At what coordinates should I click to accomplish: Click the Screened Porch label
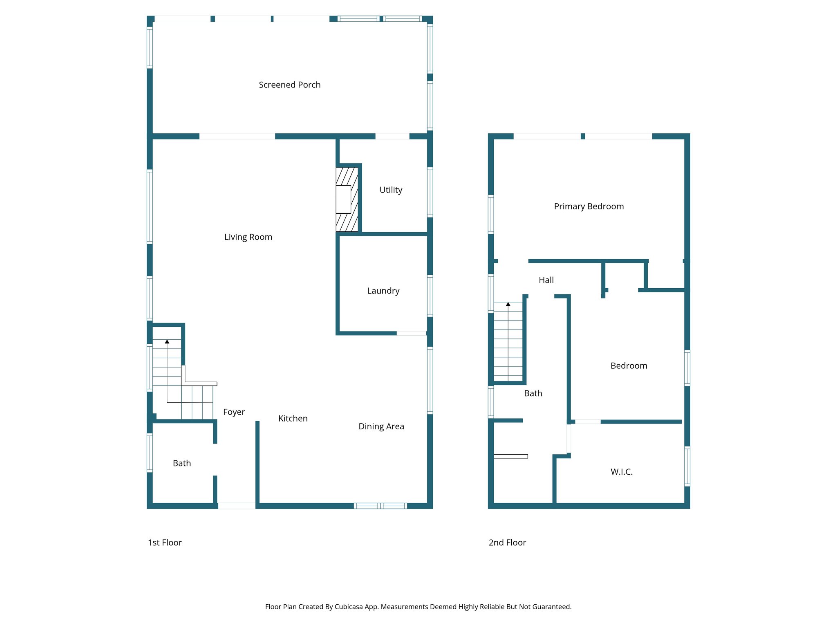click(289, 85)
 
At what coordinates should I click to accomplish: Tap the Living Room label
click(248, 237)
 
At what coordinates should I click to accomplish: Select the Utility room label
click(391, 190)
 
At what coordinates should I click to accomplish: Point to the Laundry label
click(383, 291)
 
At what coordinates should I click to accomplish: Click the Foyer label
click(234, 412)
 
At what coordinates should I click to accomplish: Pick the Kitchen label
click(293, 418)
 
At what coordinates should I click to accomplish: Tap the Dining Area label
click(381, 426)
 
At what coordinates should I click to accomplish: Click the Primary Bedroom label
click(589, 206)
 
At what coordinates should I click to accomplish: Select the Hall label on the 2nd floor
click(546, 280)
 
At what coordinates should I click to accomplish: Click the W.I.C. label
click(621, 472)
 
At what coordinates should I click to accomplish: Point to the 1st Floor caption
click(165, 543)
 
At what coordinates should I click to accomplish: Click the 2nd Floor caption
click(507, 543)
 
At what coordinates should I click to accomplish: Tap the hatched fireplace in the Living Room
click(347, 199)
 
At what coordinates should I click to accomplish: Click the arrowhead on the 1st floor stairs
click(167, 341)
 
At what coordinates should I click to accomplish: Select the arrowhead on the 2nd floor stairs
click(508, 304)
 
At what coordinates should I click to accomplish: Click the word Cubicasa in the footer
click(348, 607)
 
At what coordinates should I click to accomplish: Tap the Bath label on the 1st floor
click(182, 463)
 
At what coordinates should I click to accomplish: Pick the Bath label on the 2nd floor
click(533, 393)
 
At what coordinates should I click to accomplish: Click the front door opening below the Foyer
click(237, 506)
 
